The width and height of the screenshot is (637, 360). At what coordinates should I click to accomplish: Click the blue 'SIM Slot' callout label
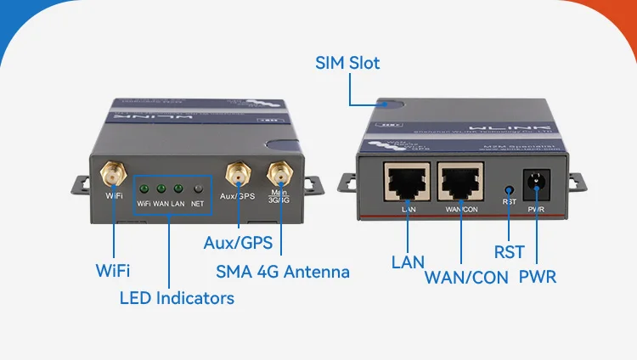click(347, 63)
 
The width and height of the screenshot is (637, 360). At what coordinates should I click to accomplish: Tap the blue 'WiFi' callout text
click(113, 271)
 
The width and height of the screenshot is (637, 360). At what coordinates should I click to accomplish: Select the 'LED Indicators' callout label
click(177, 298)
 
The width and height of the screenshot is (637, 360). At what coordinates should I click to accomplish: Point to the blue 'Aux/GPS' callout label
click(238, 243)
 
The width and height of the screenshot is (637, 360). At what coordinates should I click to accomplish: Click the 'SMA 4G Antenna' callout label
click(282, 272)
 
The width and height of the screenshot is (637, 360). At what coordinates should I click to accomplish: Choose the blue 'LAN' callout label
click(408, 262)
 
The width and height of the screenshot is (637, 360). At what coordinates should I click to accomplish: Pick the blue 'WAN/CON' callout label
click(466, 278)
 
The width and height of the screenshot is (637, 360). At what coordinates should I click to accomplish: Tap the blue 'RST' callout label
click(510, 252)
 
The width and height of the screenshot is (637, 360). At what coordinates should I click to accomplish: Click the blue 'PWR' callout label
click(538, 277)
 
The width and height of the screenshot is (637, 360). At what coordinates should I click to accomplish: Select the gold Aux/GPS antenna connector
click(237, 175)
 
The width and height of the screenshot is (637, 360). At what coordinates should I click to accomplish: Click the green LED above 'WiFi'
click(144, 188)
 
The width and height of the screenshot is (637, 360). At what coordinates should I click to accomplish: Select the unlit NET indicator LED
click(197, 188)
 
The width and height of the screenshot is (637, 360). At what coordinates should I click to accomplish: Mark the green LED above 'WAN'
click(161, 188)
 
